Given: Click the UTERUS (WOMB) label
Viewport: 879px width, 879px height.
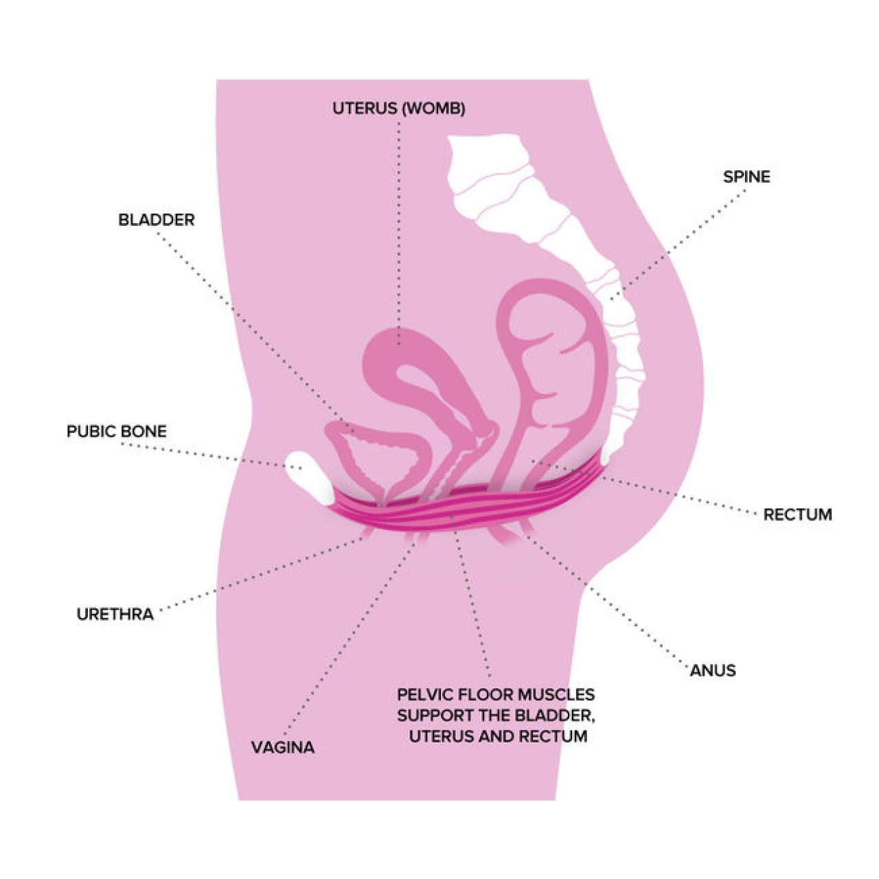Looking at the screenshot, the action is click(x=399, y=109).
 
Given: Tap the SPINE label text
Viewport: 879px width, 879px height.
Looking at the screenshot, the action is click(x=746, y=177).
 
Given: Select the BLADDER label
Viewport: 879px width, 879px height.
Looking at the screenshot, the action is click(x=157, y=220).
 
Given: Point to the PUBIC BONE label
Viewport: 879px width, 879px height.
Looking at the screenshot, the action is click(x=117, y=431).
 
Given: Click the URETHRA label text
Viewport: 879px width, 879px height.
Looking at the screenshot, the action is click(x=115, y=614).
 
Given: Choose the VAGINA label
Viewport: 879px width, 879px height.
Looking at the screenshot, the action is click(x=283, y=748).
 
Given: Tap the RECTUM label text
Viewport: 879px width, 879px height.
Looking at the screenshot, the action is click(x=798, y=514).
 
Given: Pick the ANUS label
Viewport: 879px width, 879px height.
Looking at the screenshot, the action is click(x=713, y=670).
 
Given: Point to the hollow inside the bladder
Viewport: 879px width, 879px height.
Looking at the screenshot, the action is click(x=372, y=461).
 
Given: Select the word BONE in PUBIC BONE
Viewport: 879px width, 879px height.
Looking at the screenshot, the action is click(x=145, y=431).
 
